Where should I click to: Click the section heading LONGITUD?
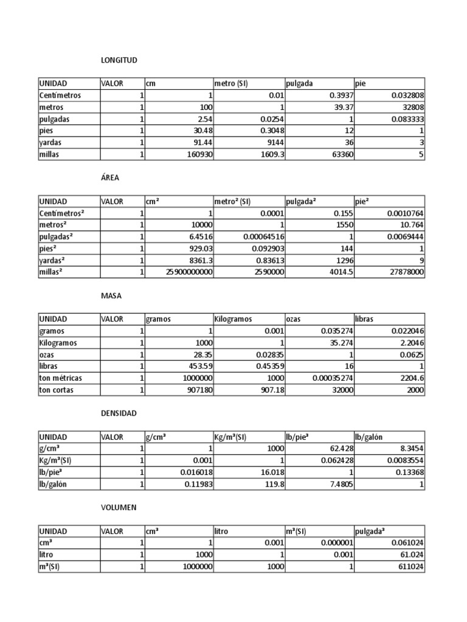point(119,60)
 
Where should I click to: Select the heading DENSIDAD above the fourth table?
point(119,413)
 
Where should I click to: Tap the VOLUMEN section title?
point(119,507)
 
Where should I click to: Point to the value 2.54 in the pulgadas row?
point(200,119)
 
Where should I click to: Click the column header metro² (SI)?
point(233,202)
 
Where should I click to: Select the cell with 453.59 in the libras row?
point(196,366)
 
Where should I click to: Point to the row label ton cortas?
point(57,390)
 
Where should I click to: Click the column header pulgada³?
point(372,531)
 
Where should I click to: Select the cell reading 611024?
point(408,567)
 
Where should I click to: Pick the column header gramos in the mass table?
point(159,320)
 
